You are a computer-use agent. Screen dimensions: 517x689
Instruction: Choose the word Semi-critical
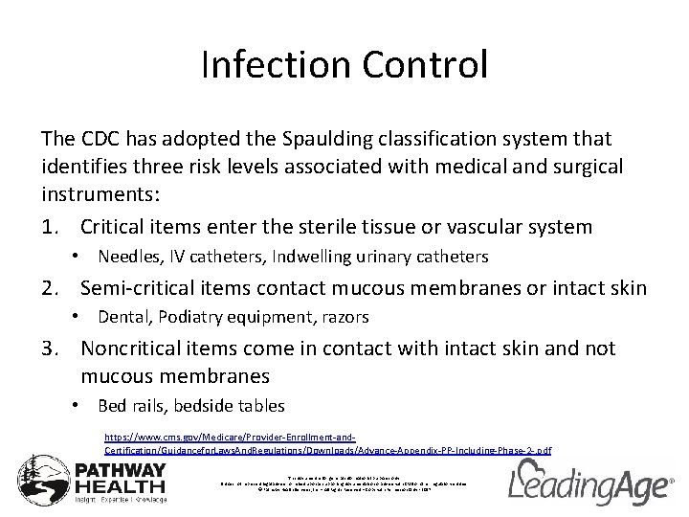pyautogui.click(x=141, y=287)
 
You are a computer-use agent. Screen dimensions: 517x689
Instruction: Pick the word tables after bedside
pyautogui.click(x=258, y=407)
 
